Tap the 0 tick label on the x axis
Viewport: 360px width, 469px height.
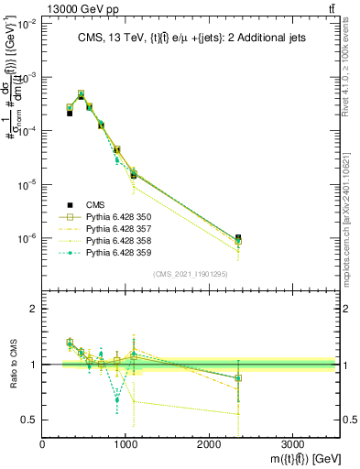43,442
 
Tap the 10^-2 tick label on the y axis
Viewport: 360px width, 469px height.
27,25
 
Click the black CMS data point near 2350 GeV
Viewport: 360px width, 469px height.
238,238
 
